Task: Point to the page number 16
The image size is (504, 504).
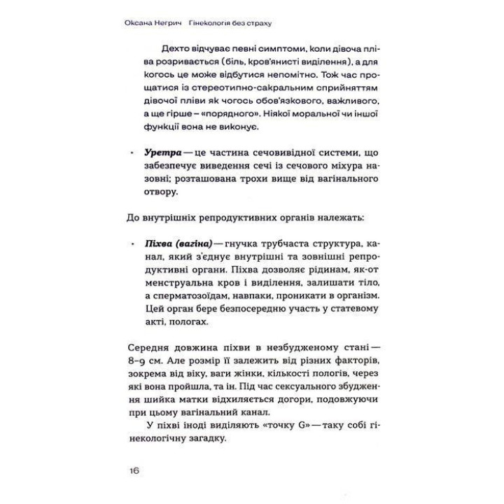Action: coord(133,470)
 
